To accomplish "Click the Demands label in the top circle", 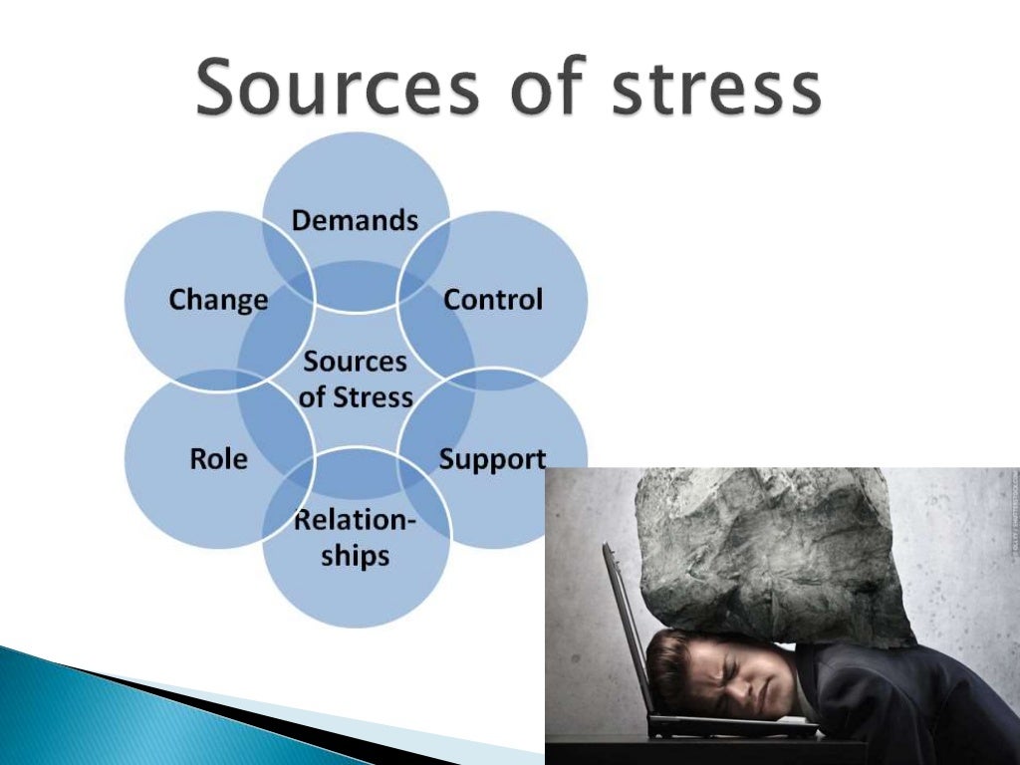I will point(355,220).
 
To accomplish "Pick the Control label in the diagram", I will point(493,299).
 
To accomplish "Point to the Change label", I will point(218,299).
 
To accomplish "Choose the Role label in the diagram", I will point(218,459).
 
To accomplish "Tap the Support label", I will point(492,459).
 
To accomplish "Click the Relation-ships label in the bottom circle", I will point(355,539).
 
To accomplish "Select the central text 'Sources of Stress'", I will point(356,379).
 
